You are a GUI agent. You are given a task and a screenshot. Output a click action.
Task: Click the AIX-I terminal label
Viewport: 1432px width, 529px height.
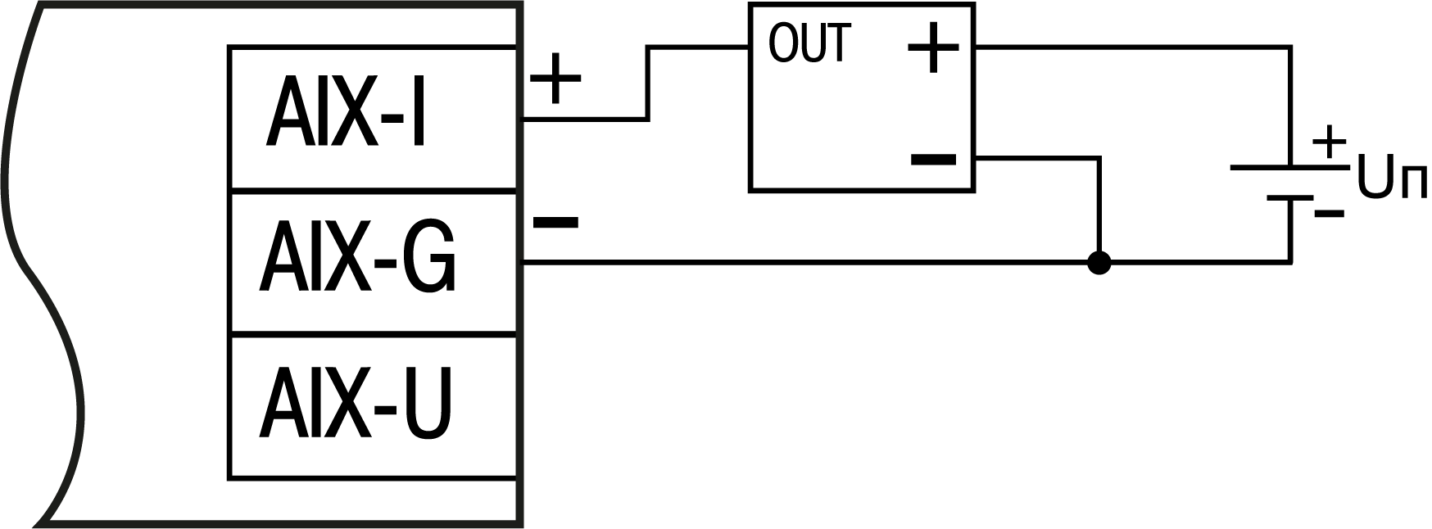(347, 113)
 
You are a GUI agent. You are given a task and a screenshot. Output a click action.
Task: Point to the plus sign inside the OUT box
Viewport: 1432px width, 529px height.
(933, 47)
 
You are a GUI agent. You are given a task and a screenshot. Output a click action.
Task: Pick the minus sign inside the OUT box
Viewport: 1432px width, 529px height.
(933, 158)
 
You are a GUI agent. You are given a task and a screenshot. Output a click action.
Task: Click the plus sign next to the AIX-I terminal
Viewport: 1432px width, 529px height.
(556, 79)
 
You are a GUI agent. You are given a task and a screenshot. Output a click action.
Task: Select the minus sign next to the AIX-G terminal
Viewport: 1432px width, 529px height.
(555, 222)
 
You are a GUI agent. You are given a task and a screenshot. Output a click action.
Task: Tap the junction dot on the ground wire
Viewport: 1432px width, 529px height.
(1099, 263)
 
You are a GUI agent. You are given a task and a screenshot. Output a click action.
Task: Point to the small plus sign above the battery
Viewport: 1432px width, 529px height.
(1329, 142)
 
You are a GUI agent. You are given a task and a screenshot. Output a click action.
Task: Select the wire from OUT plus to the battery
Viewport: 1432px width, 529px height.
(1131, 47)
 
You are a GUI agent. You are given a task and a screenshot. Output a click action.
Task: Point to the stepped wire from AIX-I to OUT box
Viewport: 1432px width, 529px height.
(649, 82)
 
